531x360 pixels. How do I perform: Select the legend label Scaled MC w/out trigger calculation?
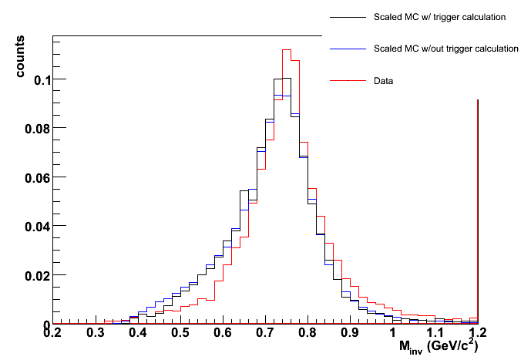[x=435, y=49]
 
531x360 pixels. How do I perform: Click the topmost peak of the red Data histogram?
[x=286, y=50]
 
